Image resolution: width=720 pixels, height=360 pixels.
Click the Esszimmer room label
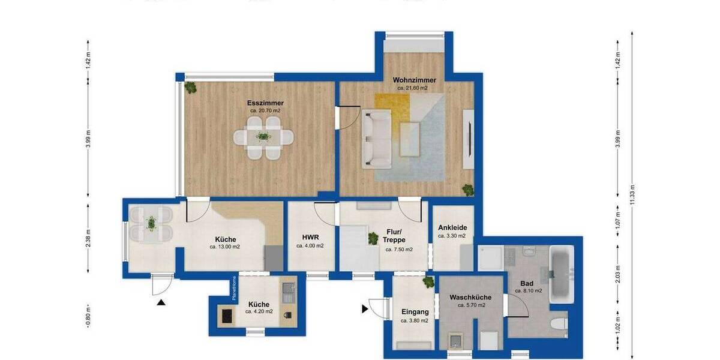tap(265, 103)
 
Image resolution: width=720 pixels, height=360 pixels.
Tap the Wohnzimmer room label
tap(414, 80)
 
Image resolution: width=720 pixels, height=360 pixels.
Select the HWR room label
tap(310, 236)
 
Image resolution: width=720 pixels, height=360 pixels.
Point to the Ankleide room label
tap(452, 228)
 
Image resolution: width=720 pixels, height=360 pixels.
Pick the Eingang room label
tap(415, 311)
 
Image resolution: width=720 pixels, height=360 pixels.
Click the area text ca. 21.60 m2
tap(413, 88)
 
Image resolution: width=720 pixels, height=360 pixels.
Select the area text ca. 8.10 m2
tap(528, 290)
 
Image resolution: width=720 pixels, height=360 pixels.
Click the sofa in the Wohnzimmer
tap(376, 137)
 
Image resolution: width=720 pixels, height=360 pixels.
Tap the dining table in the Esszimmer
tap(264, 137)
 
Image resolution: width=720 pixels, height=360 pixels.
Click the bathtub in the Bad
tap(562, 274)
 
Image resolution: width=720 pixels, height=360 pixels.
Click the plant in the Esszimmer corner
tap(191, 88)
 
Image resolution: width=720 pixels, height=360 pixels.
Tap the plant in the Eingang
tap(428, 281)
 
